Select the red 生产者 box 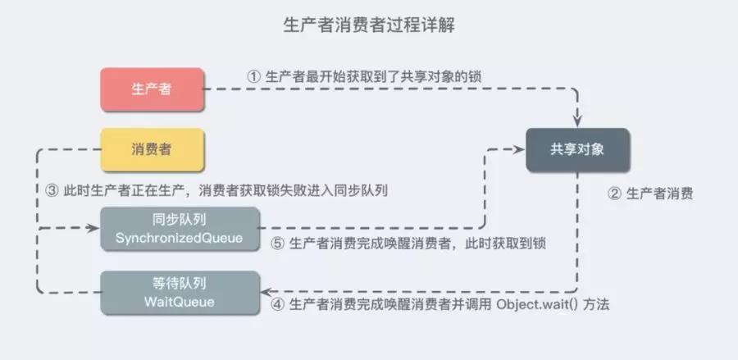[152, 89]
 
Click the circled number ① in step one [253, 75]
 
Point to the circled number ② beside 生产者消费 [613, 194]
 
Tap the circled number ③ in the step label [51, 189]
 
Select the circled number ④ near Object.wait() [276, 304]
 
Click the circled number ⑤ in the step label [276, 243]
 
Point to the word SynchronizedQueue [179, 238]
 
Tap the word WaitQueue [179, 301]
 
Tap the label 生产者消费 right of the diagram [660, 194]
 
